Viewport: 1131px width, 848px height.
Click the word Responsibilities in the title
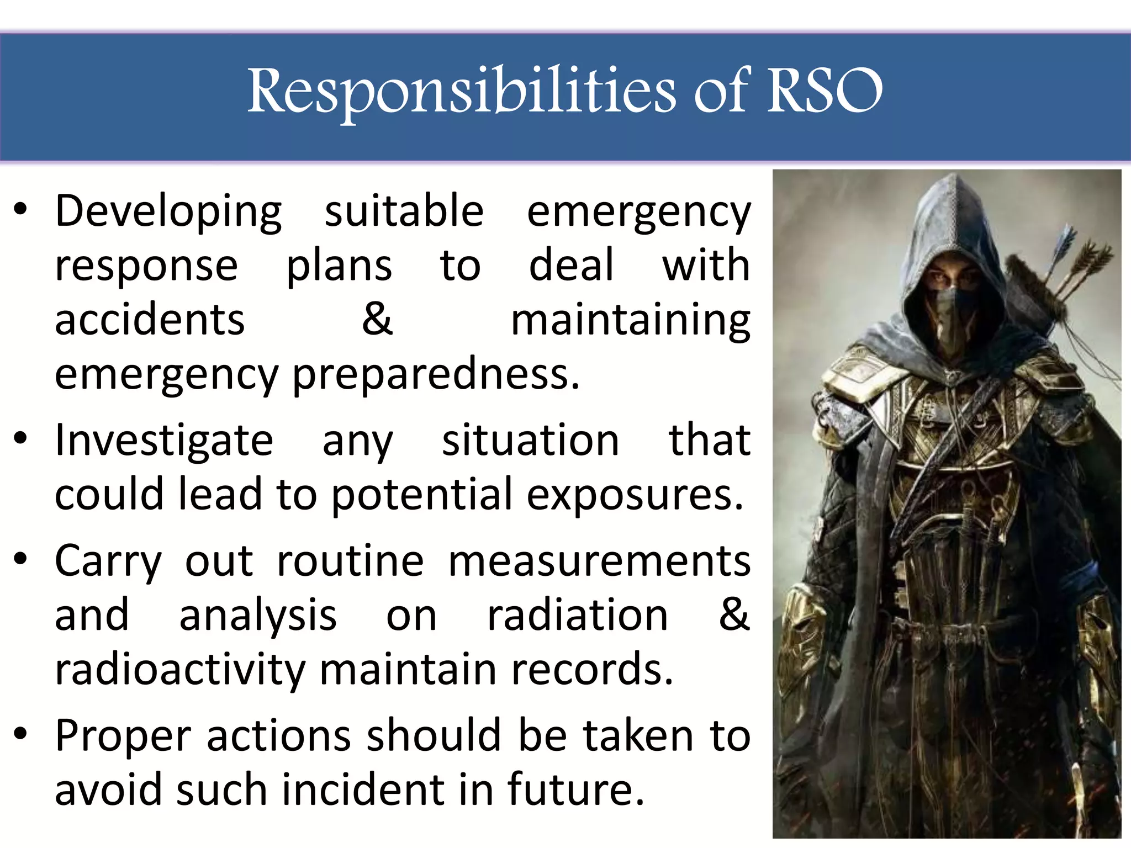[x=461, y=91]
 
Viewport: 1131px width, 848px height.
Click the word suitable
[x=404, y=211]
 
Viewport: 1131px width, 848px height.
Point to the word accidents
[x=150, y=320]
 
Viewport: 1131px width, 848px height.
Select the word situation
[x=530, y=441]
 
